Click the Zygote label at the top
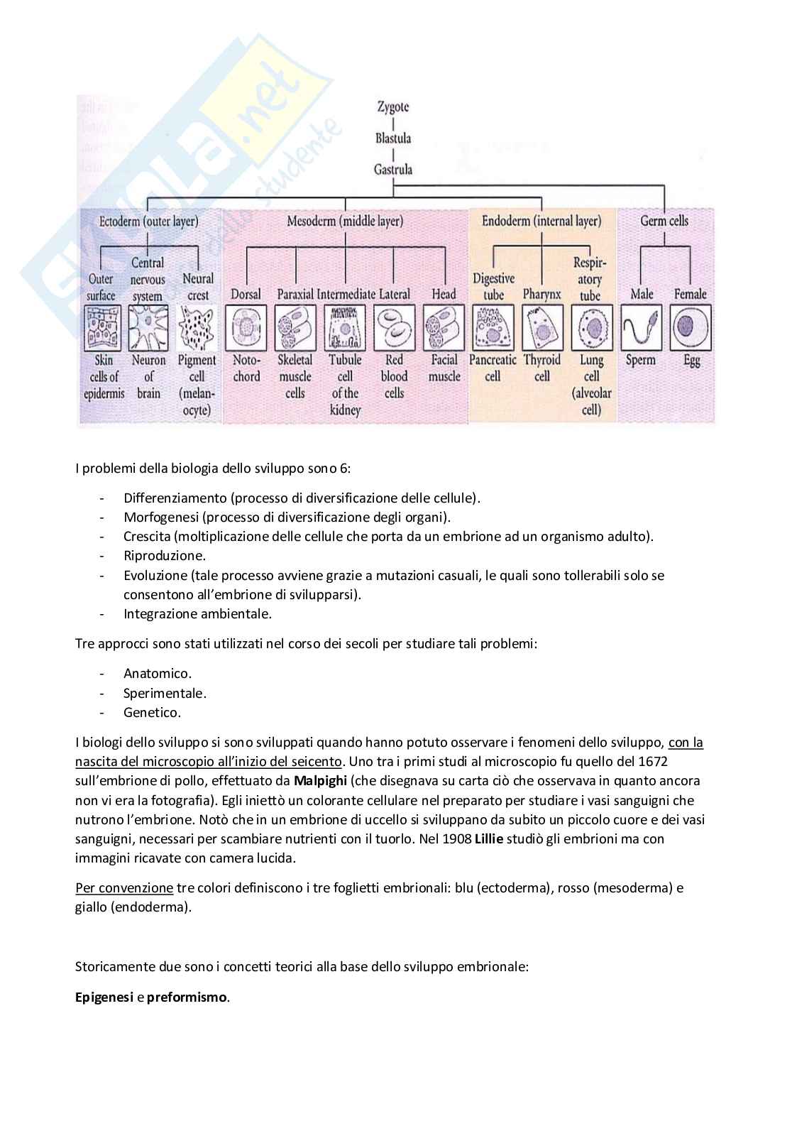pos(393,107)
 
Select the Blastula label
pos(393,138)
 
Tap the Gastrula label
pos(393,169)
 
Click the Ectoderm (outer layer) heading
pos(148,221)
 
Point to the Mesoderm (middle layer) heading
pos(345,221)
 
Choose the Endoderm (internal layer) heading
pos(541,221)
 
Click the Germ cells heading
pos(664,221)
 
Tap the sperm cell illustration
pos(642,327)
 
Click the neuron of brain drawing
pos(148,327)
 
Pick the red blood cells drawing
pos(394,327)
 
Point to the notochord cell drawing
pos(246,327)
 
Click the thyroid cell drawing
pos(542,327)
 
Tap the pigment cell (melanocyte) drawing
pos(197,327)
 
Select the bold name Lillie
pos(489,838)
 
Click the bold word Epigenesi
pos(104,997)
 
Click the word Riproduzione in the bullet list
pos(165,556)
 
